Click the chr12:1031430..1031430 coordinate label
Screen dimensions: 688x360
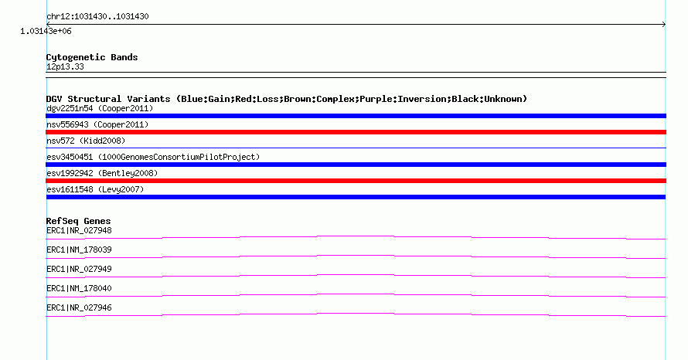97,17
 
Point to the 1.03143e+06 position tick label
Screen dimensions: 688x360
46,31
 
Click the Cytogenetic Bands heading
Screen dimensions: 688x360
92,57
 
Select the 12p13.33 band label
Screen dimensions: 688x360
65,66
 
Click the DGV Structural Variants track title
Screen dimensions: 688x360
287,99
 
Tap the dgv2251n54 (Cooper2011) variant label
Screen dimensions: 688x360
100,108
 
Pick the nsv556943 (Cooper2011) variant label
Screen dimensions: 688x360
97,124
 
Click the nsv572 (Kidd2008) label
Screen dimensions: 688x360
86,141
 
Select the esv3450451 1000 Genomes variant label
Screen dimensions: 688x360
153,157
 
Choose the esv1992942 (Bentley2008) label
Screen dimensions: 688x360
102,173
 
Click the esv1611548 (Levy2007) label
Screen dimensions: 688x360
95,189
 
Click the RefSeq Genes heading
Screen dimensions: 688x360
78,221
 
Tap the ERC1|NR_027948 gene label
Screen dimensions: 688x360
79,231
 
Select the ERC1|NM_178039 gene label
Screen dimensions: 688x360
79,250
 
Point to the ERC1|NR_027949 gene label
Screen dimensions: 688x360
79,270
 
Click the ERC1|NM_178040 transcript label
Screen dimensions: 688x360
79,288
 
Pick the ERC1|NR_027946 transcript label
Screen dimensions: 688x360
79,307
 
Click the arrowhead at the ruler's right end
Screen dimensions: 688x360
664,25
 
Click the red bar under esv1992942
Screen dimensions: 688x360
356,181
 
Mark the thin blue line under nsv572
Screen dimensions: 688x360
356,148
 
